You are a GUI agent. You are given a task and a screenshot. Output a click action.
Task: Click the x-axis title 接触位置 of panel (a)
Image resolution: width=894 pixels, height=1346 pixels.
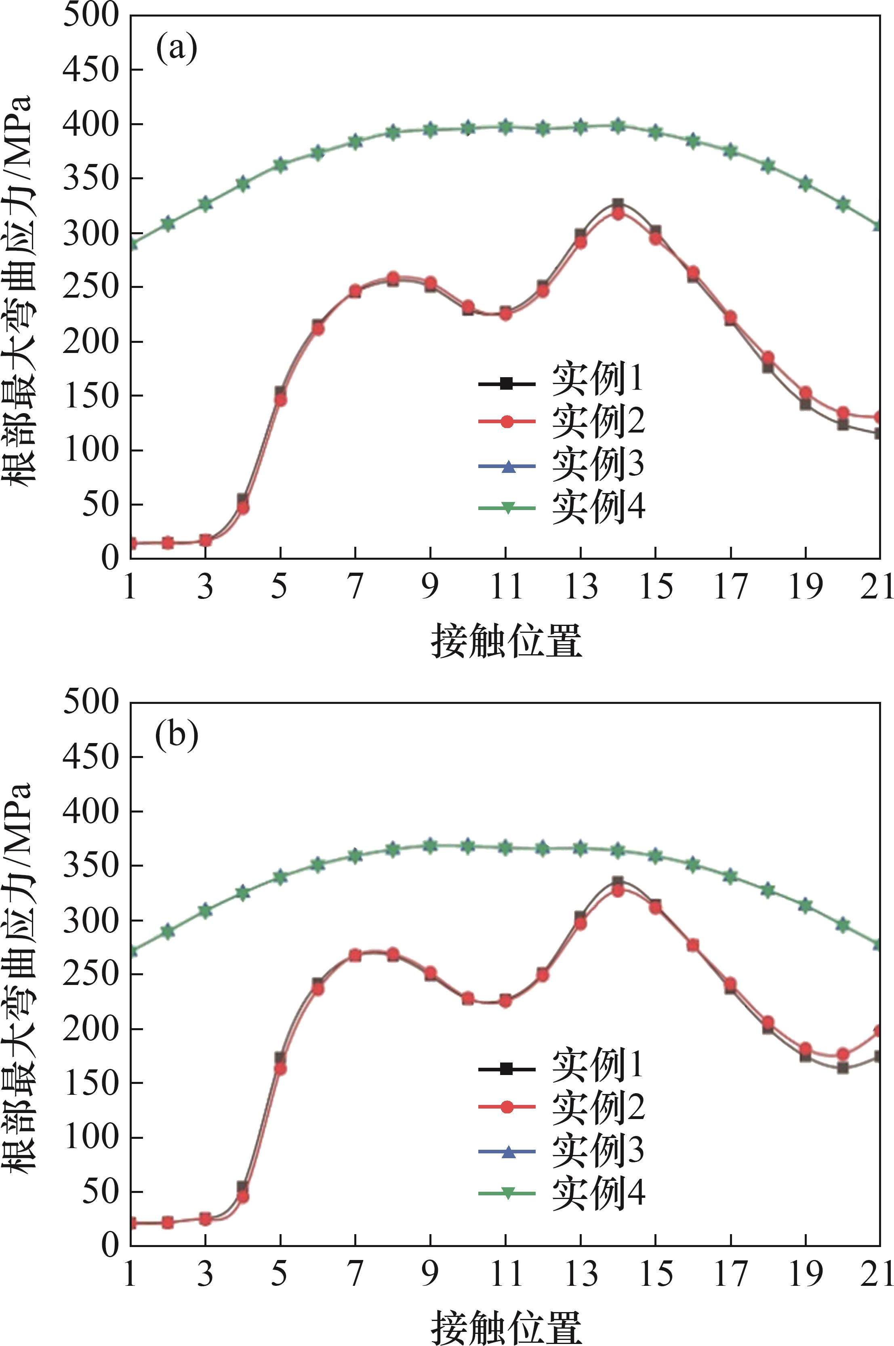click(506, 640)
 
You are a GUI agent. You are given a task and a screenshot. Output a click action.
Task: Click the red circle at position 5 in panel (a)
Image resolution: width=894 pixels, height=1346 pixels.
click(280, 400)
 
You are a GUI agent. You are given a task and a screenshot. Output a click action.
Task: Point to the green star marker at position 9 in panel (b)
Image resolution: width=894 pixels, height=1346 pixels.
click(431, 845)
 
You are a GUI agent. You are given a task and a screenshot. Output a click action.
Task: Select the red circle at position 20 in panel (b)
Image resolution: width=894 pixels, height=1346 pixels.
click(843, 1054)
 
